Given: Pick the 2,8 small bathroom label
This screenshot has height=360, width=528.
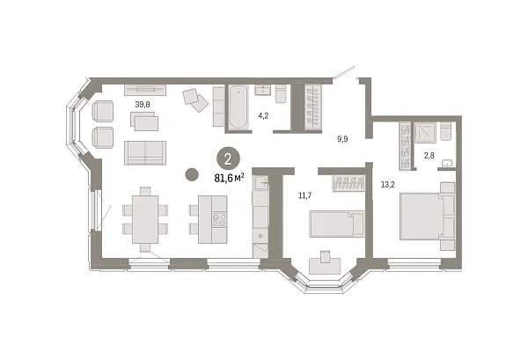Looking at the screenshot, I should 429,156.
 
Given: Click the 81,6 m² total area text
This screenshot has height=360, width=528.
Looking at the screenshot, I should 228,176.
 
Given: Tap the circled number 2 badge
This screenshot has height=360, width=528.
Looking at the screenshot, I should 228,158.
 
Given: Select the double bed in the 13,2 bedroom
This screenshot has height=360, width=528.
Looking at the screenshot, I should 428,214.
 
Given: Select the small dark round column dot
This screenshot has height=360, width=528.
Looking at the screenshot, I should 191,174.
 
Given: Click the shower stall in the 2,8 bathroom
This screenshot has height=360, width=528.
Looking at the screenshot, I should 428,131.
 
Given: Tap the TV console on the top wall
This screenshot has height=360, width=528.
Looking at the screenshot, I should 143,88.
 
